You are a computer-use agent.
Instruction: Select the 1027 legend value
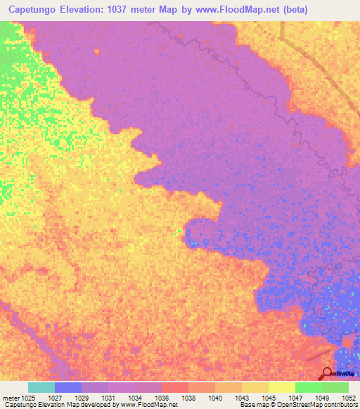[68, 398]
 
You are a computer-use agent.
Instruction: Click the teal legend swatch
[41, 387]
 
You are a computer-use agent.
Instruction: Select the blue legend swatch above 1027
[68, 387]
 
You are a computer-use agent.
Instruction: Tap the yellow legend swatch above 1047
[282, 387]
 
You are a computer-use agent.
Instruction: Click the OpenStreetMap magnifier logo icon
[327, 373]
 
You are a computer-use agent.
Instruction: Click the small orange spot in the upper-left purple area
[96, 51]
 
